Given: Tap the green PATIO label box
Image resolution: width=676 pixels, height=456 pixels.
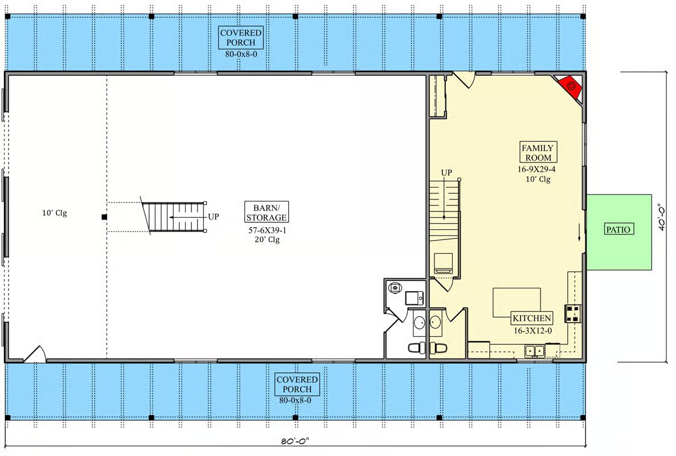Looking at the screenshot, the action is [x=618, y=229].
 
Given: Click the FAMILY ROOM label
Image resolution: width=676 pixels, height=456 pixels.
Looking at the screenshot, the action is [x=538, y=152].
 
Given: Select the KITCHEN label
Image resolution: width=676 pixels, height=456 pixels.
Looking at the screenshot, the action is [x=531, y=318].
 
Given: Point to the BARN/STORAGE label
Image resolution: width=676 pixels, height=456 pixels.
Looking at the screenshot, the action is [x=267, y=212].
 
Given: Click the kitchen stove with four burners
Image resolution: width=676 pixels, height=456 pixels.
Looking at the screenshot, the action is [x=573, y=313].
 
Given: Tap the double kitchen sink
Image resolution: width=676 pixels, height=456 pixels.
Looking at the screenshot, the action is [x=535, y=351].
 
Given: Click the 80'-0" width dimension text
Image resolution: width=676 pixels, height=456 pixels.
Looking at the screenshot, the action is [x=295, y=441].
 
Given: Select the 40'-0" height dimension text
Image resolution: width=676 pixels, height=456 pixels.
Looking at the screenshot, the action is [x=662, y=217].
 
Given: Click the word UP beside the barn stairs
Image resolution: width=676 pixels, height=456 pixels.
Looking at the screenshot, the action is [x=214, y=217].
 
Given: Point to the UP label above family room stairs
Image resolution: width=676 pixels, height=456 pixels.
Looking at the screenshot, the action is [x=446, y=173].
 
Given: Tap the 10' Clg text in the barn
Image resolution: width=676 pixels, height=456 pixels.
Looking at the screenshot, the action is [x=54, y=213].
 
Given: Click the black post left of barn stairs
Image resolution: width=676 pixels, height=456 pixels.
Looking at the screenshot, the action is [x=104, y=217].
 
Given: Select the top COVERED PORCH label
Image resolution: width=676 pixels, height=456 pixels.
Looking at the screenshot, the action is [x=240, y=38].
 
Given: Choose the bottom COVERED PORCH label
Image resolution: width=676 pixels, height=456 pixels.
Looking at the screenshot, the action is [x=297, y=384].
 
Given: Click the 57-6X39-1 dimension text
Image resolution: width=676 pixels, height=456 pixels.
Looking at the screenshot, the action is [x=267, y=230].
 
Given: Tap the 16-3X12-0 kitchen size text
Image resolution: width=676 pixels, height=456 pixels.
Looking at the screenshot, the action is [x=532, y=331].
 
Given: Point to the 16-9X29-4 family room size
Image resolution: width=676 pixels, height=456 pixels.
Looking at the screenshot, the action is [x=536, y=169].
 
